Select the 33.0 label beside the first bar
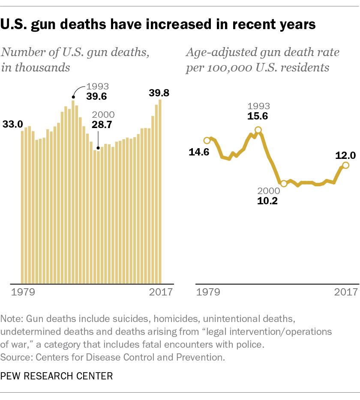(x=13, y=125)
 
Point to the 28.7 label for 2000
(x=102, y=125)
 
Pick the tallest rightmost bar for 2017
(x=160, y=191)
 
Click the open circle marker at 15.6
(x=258, y=130)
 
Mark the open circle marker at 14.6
(x=207, y=140)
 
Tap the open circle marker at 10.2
(x=283, y=184)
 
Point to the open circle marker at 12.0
(x=346, y=165)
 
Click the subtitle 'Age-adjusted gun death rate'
(x=262, y=53)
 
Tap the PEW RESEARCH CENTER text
(x=57, y=376)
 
